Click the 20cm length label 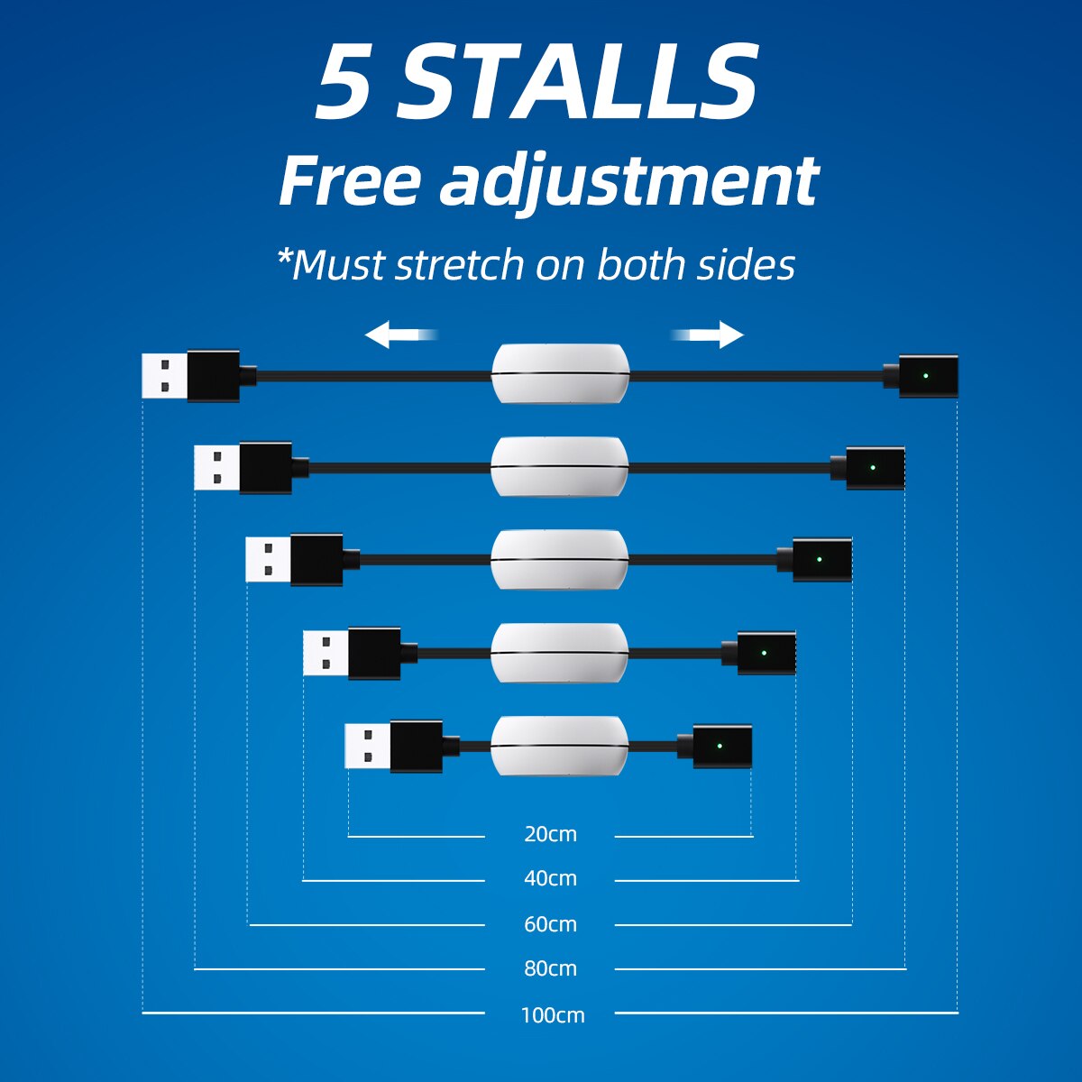click(x=550, y=834)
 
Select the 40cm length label click(x=550, y=878)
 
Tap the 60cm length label click(x=550, y=924)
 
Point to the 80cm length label click(x=550, y=968)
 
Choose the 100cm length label click(x=552, y=1015)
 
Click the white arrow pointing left click(x=397, y=335)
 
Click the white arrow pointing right click(x=711, y=335)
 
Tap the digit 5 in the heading click(x=344, y=83)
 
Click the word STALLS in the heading click(x=577, y=83)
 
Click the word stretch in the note click(x=459, y=265)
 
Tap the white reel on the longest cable click(x=560, y=373)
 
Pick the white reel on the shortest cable click(x=559, y=746)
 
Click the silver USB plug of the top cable click(x=165, y=375)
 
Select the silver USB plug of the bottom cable click(x=368, y=747)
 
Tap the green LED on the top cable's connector click(x=926, y=375)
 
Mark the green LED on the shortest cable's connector click(x=719, y=746)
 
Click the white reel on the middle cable click(x=559, y=559)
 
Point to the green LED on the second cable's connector click(x=872, y=467)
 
